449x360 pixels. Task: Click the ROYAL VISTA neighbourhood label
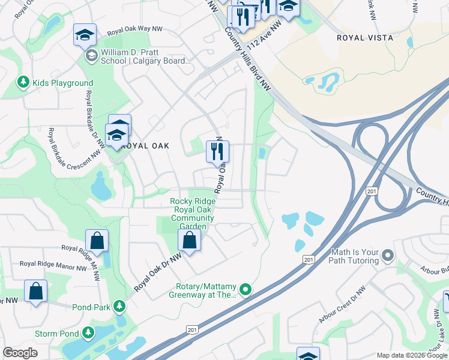click(365, 38)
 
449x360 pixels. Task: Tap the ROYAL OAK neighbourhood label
click(145, 146)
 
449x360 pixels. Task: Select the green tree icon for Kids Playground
click(23, 82)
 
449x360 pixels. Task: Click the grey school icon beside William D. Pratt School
click(91, 56)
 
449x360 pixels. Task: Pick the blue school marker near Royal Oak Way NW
click(85, 36)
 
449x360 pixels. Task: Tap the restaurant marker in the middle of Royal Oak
click(217, 151)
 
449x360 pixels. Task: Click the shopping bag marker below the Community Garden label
click(190, 241)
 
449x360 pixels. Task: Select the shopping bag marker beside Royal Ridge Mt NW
click(97, 241)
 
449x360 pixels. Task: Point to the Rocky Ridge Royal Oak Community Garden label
click(192, 214)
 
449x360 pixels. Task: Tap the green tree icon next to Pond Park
click(119, 307)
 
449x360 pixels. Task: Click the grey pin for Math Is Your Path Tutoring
click(387, 256)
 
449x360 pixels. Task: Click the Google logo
click(20, 353)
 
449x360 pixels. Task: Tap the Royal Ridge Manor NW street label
click(53, 263)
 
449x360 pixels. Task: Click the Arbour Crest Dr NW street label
click(342, 305)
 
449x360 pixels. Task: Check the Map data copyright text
click(411, 355)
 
